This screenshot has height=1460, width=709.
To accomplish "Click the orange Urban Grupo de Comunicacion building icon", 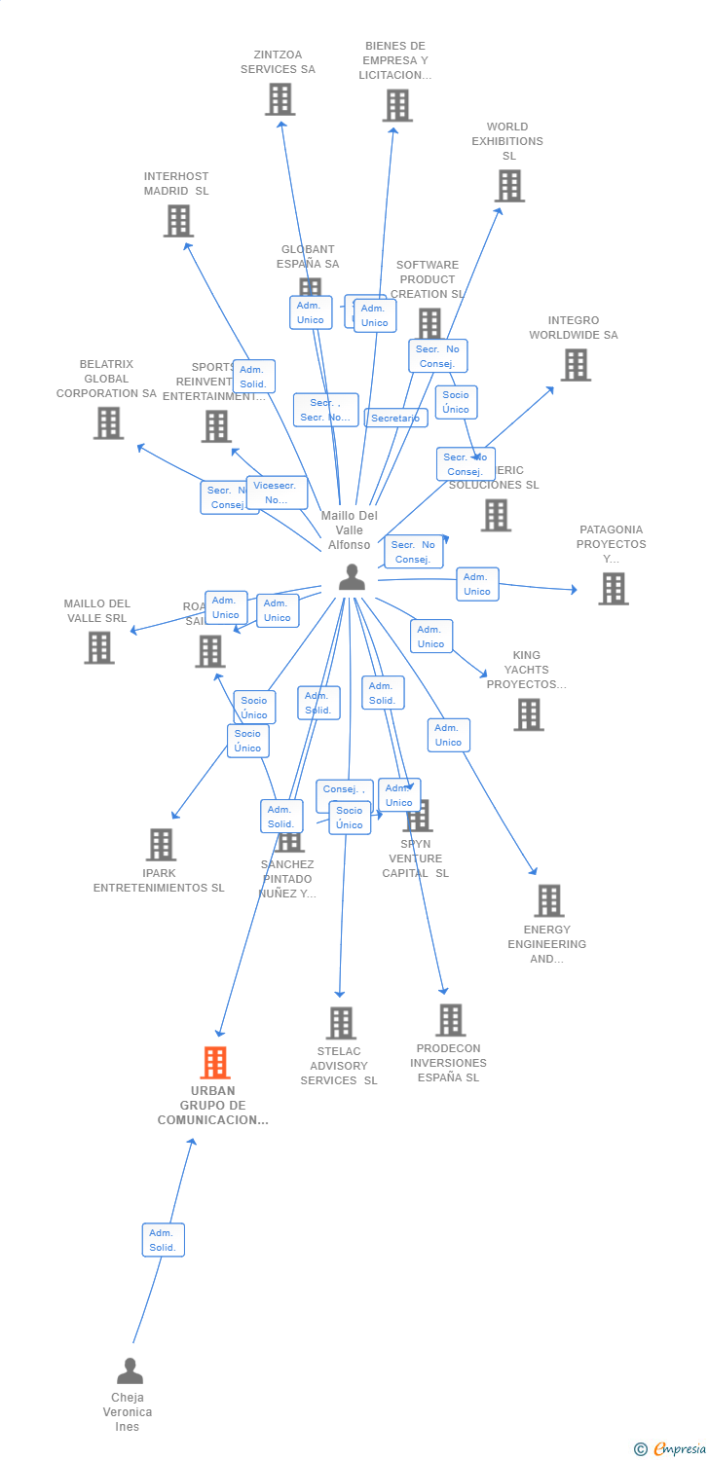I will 215,1063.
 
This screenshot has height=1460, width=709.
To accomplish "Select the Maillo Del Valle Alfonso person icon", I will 352,577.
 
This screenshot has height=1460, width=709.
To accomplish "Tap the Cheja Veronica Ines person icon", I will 130,1371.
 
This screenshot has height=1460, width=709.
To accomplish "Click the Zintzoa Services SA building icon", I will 280,99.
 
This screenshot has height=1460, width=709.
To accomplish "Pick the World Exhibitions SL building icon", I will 509,186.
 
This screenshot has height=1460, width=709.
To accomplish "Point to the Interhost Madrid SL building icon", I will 178,221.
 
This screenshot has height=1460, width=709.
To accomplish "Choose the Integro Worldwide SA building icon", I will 576,365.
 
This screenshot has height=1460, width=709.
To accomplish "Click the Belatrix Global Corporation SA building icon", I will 108,423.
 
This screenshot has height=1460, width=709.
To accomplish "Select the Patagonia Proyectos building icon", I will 613,589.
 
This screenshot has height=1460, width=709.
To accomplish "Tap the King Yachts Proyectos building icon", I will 529,714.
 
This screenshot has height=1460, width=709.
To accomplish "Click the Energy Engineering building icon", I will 548,901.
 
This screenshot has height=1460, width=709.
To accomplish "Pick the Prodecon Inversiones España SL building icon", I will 450,1020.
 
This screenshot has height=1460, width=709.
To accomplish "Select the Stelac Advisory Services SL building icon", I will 341,1023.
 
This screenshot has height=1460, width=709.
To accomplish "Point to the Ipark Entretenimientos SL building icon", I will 161,845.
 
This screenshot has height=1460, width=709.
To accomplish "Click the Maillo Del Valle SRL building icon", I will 98,647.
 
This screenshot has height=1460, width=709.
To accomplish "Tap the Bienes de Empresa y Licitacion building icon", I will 396,105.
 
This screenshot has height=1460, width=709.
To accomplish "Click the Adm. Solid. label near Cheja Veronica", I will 163,1240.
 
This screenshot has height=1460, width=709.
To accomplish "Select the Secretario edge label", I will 395,419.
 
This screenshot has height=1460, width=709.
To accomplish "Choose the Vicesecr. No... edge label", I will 277,493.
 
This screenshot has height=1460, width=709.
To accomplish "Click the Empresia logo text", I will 679,1449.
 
